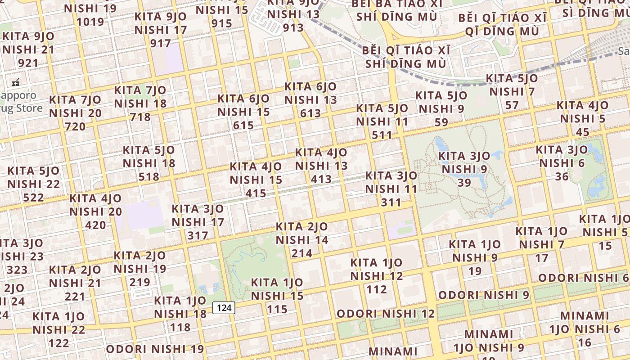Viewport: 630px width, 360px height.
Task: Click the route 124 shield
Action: coord(224,308)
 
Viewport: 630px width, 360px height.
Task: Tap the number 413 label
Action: coord(321,180)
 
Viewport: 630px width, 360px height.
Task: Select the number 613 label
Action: coord(310,113)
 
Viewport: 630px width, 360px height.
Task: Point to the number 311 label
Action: coord(391,202)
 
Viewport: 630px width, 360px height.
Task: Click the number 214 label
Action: coord(301,254)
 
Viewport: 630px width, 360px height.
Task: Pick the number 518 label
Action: coord(148,177)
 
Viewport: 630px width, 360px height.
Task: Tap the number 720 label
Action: coord(75,127)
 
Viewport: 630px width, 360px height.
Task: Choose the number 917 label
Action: coord(161,44)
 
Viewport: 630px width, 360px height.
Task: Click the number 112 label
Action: coord(376,289)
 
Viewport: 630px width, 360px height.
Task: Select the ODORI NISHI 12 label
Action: coord(386,314)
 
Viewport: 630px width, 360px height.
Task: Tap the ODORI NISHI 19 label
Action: coord(155,349)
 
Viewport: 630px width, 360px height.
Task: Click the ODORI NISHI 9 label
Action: coord(484,295)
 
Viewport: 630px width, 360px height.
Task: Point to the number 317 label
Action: coord(198,235)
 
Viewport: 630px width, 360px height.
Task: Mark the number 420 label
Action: coord(95,225)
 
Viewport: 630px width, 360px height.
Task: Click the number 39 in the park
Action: coord(464,183)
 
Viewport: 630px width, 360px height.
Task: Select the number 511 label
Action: coord(382,135)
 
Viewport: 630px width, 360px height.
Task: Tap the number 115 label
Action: coord(277,310)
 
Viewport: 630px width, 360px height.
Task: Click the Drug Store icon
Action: coord(16,83)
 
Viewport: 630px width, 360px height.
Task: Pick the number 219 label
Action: coord(139,283)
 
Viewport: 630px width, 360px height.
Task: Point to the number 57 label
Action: coord(512,105)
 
